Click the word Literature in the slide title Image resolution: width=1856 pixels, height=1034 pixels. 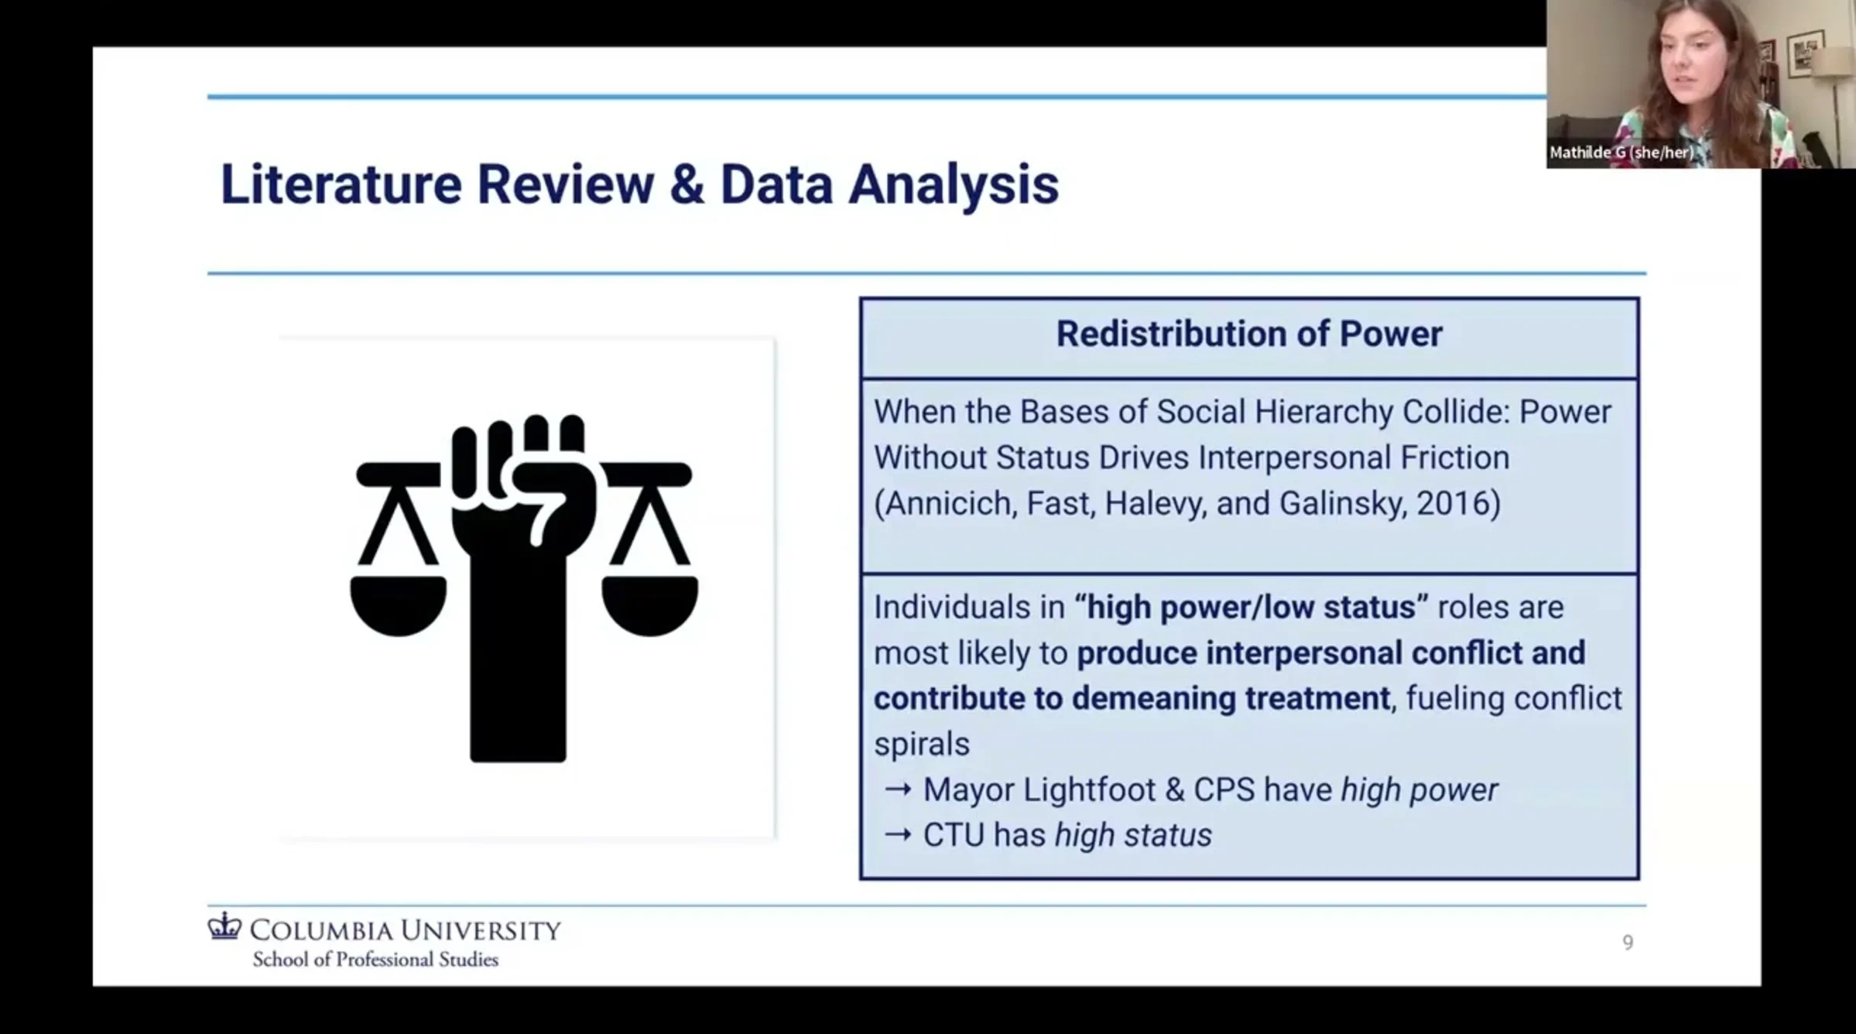point(341,184)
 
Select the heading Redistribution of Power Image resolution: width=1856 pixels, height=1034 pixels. point(1249,334)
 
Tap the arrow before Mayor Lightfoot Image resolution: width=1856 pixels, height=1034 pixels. point(898,790)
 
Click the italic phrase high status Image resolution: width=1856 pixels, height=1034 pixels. point(1133,836)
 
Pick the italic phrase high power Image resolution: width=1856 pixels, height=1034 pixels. point(1419,790)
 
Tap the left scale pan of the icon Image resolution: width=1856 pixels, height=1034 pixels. point(399,606)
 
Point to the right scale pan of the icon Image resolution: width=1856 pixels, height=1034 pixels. point(650,606)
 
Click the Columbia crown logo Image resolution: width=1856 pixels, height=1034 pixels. point(224,926)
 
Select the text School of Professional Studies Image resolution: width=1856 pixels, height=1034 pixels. point(375,960)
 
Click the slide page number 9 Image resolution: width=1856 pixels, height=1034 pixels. point(1628,943)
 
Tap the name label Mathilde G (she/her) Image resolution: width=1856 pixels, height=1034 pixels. point(1621,153)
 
